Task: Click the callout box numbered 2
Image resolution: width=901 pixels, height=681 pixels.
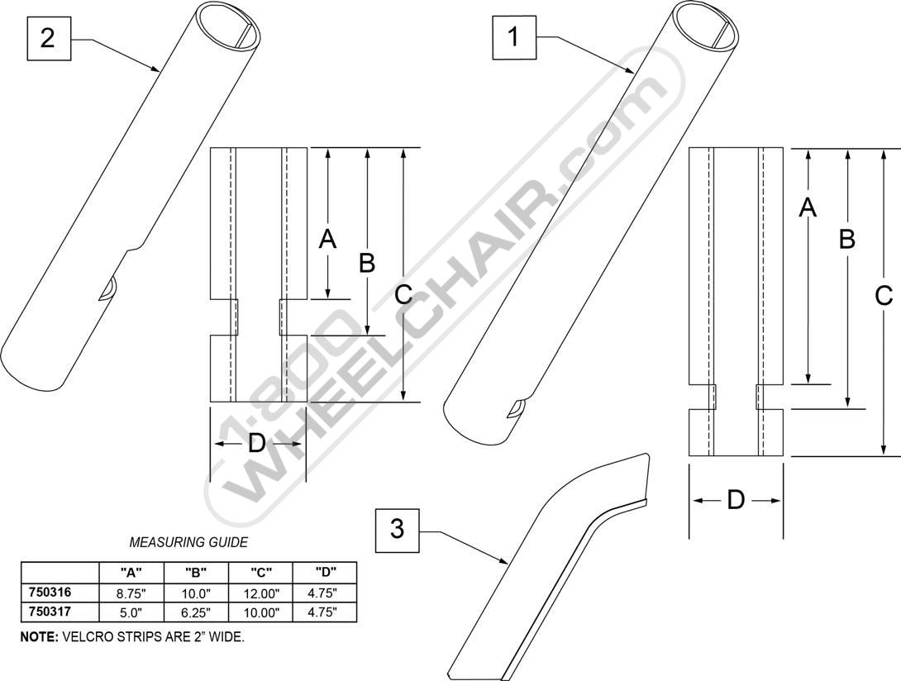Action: pyautogui.click(x=49, y=39)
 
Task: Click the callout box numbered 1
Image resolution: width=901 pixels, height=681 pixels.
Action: pyautogui.click(x=514, y=37)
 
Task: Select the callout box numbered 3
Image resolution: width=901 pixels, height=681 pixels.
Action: pyautogui.click(x=397, y=529)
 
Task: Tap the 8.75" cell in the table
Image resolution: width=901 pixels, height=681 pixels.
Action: pyautogui.click(x=131, y=593)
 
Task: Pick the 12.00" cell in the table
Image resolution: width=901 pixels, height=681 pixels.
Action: pyautogui.click(x=261, y=593)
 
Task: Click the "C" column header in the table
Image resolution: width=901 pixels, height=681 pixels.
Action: pyautogui.click(x=261, y=572)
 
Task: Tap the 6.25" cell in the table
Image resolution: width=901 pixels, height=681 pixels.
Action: pyautogui.click(x=196, y=612)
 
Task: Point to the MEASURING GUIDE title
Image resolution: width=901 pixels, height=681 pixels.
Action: pyautogui.click(x=188, y=542)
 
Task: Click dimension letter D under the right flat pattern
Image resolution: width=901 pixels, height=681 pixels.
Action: pyautogui.click(x=736, y=501)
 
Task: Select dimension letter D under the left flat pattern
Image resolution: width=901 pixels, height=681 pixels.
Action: pyautogui.click(x=256, y=444)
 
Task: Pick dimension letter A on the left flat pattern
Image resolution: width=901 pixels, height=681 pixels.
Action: pyautogui.click(x=327, y=240)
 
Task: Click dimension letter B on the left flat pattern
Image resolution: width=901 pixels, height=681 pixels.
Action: pyautogui.click(x=367, y=263)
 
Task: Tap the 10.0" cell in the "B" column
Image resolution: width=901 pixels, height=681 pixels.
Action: pyautogui.click(x=196, y=593)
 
